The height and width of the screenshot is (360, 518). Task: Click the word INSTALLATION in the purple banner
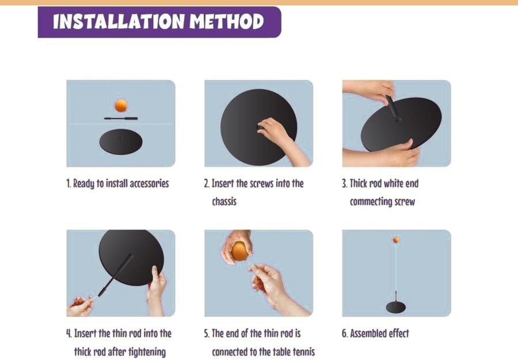tap(119, 22)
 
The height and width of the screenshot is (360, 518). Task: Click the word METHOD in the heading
tap(227, 22)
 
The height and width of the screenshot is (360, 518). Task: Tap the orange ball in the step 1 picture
tap(121, 106)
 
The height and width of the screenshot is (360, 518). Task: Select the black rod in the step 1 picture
tap(121, 118)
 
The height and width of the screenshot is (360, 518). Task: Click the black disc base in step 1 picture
tap(121, 142)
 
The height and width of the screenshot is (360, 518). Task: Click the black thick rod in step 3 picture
tap(393, 108)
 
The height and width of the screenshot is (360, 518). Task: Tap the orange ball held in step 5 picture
tap(239, 251)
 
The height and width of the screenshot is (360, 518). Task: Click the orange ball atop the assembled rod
tap(396, 240)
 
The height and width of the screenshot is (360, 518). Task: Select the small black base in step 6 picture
tap(396, 308)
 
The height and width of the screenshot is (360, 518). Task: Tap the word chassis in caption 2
tap(224, 202)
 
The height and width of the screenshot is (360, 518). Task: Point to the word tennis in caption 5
tap(303, 352)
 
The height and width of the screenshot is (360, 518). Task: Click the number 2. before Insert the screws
tap(207, 184)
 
